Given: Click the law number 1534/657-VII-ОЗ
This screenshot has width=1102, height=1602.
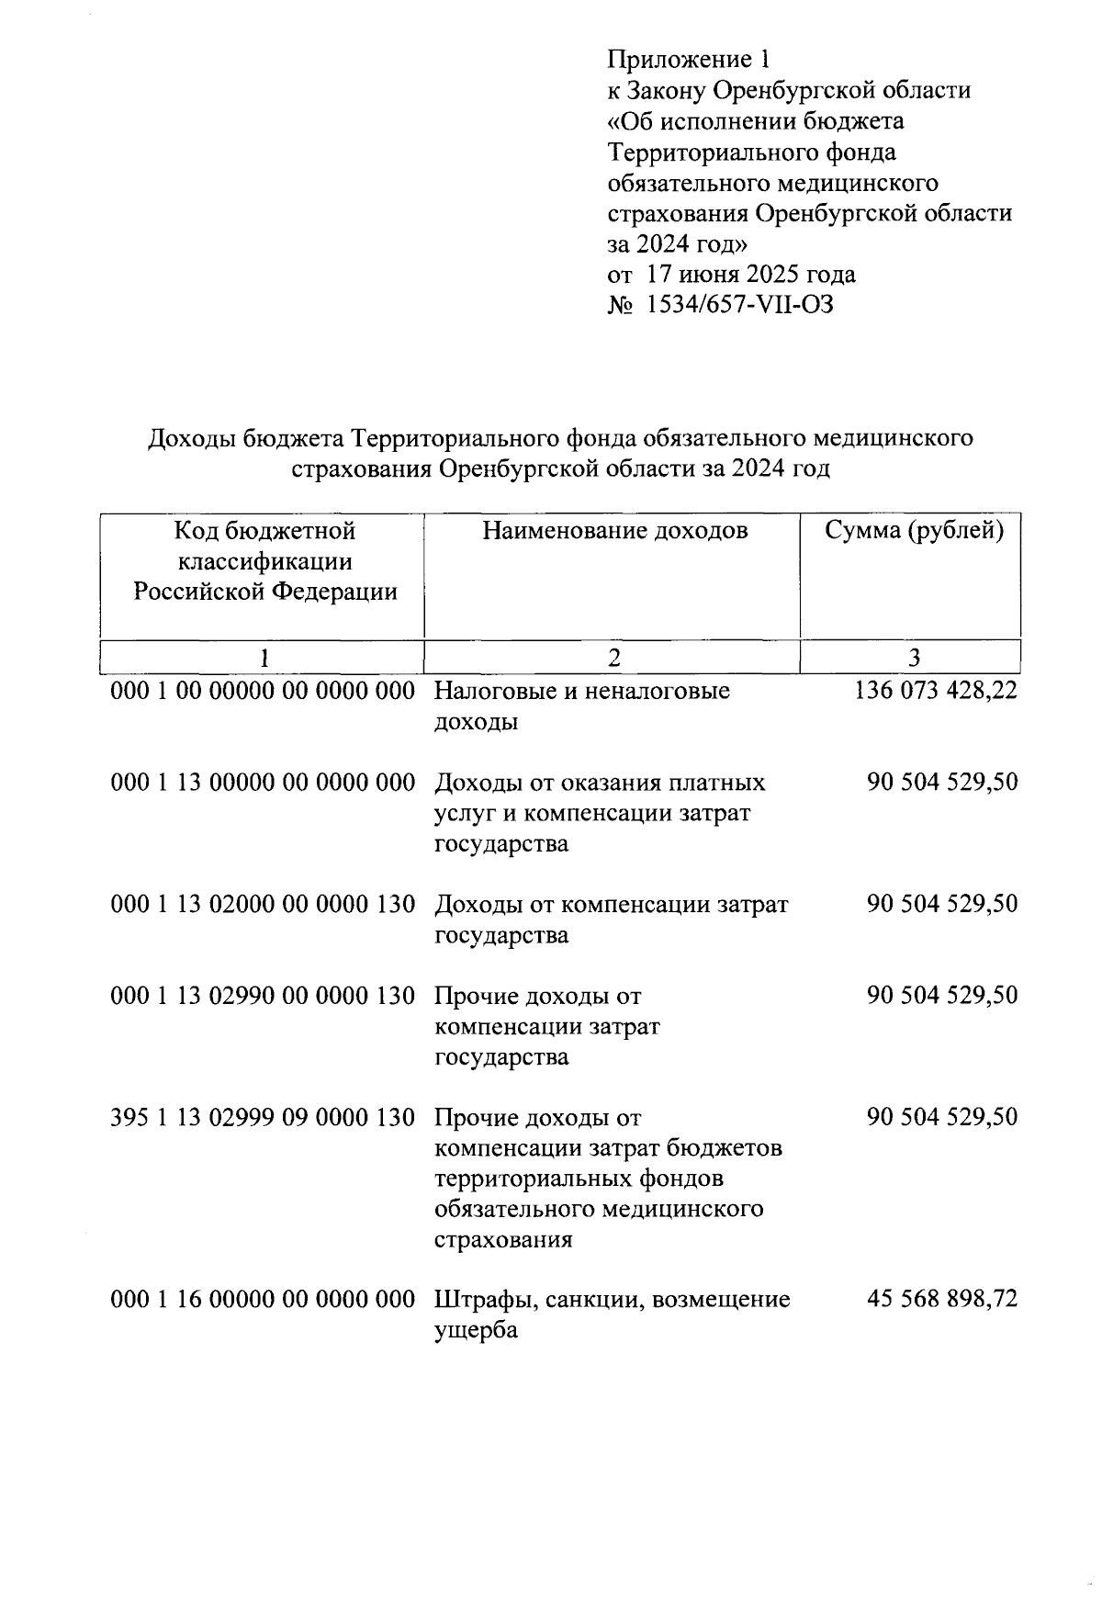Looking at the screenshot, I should coord(740,304).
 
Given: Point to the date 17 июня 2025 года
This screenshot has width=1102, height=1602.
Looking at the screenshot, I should coord(750,274).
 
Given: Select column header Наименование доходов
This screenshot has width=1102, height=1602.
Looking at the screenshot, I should coord(614,530).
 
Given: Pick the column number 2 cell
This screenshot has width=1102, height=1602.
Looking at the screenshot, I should coord(613,657).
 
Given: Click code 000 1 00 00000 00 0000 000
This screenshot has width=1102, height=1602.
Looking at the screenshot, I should coord(263,690).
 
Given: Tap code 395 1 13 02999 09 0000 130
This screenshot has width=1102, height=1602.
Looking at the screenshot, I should coord(263,1117).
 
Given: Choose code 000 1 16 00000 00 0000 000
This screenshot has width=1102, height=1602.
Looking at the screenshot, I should coord(263,1299).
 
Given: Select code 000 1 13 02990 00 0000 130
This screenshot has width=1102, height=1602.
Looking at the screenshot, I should coord(263,996).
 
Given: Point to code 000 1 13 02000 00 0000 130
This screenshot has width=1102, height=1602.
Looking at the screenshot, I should coord(263,904).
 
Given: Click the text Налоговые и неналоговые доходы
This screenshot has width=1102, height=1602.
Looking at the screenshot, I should coord(581,705).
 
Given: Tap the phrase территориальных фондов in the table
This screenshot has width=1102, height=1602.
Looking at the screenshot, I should coord(579,1179).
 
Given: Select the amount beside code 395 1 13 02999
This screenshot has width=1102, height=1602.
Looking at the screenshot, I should coord(941,1117).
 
